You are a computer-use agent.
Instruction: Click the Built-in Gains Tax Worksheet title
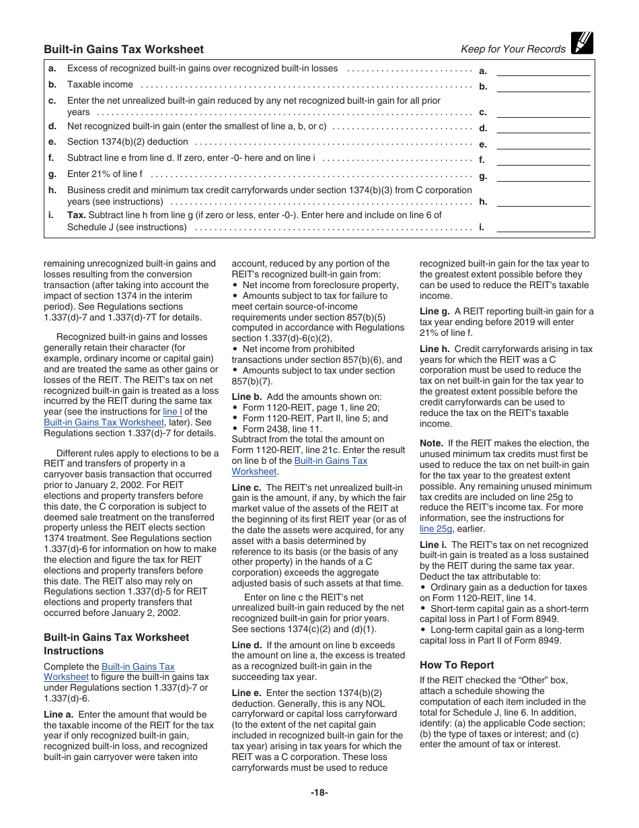(x=124, y=49)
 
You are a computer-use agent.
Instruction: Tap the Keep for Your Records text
(x=513, y=49)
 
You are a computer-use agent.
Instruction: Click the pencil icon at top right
(x=581, y=43)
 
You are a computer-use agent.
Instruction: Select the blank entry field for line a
(x=543, y=70)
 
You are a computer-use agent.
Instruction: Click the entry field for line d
(x=543, y=127)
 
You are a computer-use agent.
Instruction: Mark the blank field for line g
(x=543, y=176)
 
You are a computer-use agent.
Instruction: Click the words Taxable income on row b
(x=100, y=85)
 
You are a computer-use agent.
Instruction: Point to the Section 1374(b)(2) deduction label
(x=128, y=142)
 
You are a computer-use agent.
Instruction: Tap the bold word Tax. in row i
(x=76, y=215)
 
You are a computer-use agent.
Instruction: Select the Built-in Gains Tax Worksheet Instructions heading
(x=116, y=644)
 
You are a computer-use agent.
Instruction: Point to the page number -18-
(x=319, y=792)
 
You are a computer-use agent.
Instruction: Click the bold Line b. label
(x=247, y=397)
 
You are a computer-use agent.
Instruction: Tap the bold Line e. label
(x=247, y=693)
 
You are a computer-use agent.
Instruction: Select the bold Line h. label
(x=435, y=349)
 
